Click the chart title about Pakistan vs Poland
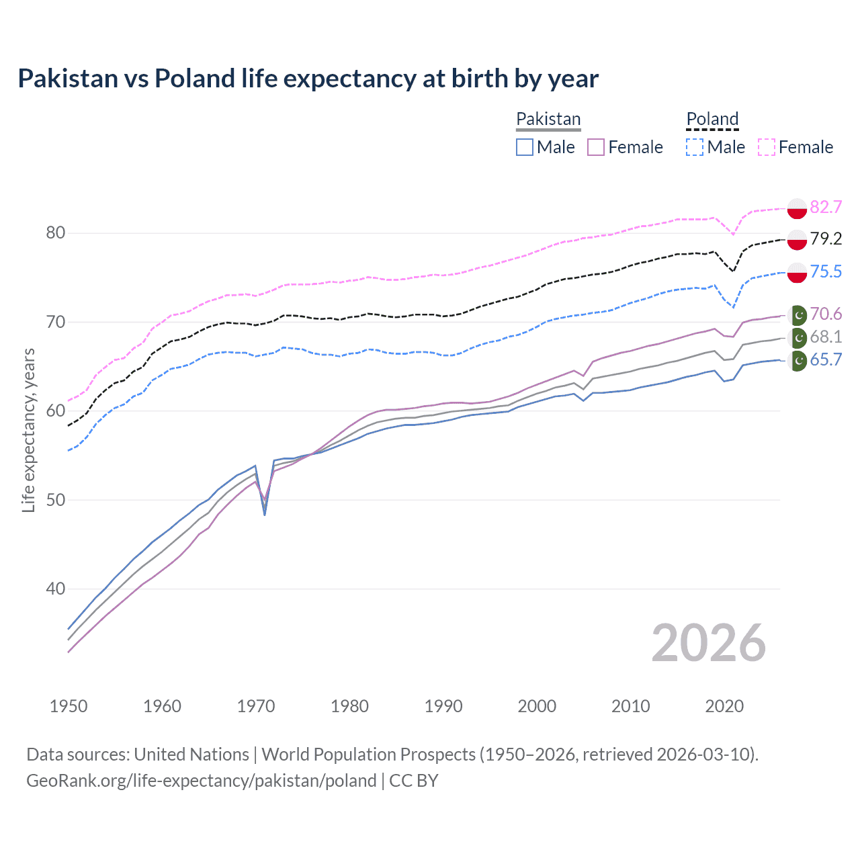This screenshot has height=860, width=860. pyautogui.click(x=308, y=79)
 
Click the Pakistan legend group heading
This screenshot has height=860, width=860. pyautogui.click(x=548, y=119)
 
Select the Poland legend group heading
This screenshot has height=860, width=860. pyautogui.click(x=712, y=119)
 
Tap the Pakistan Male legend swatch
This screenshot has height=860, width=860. pyautogui.click(x=525, y=147)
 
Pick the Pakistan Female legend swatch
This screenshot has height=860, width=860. pyautogui.click(x=597, y=147)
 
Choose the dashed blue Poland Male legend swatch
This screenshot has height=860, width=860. pyautogui.click(x=695, y=147)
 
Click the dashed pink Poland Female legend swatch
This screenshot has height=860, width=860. pyautogui.click(x=767, y=147)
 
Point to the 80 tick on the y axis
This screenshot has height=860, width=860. pyautogui.click(x=56, y=233)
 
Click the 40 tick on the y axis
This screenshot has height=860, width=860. pyautogui.click(x=56, y=589)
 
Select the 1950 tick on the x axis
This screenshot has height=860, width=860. pyautogui.click(x=69, y=706)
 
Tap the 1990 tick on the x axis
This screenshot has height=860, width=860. pyautogui.click(x=443, y=706)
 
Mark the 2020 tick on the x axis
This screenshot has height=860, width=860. pyautogui.click(x=724, y=706)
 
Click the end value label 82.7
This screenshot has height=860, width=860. pyautogui.click(x=826, y=207)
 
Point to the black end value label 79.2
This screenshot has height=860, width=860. pyautogui.click(x=826, y=239)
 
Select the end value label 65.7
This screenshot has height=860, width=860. pyautogui.click(x=826, y=360)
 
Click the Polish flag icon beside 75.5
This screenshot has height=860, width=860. pyautogui.click(x=797, y=272)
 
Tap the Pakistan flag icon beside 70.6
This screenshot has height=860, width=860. pyautogui.click(x=798, y=314)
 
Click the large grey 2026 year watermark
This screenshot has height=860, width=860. pyautogui.click(x=708, y=643)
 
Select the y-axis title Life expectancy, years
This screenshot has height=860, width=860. pyautogui.click(x=28, y=430)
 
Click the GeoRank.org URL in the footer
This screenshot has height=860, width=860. pyautogui.click(x=202, y=781)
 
